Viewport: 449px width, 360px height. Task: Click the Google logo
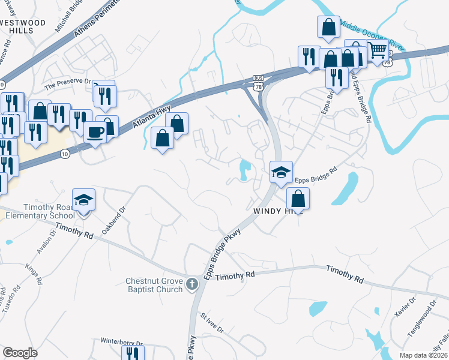click(20, 353)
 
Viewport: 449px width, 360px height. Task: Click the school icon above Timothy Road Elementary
click(84, 199)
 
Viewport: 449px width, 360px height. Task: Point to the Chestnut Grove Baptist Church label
click(154, 285)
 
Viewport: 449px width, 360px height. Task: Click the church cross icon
click(192, 284)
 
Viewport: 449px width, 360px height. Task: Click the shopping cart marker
click(378, 52)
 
